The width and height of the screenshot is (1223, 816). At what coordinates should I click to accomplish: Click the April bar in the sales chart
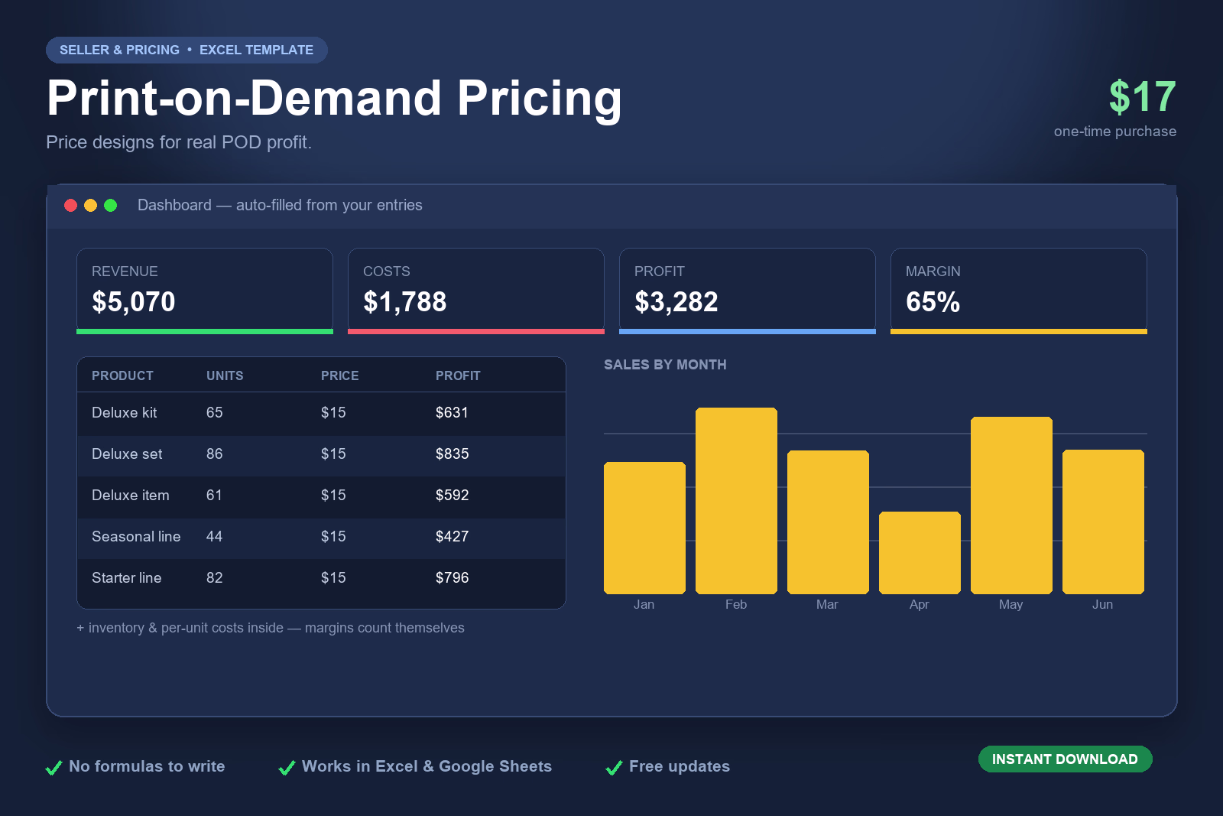(920, 553)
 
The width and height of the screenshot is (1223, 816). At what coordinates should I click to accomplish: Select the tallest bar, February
(736, 501)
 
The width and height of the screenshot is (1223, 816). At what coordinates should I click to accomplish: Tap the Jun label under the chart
(1102, 604)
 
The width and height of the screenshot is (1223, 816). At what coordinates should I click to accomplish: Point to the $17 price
(1142, 96)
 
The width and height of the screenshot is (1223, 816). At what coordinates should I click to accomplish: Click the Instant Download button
(1066, 759)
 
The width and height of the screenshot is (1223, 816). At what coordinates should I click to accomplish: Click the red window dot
(70, 206)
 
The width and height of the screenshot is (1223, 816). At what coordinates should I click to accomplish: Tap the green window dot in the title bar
(110, 206)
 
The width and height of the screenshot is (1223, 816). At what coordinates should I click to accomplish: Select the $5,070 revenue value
(133, 301)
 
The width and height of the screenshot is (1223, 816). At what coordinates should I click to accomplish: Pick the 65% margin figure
(933, 301)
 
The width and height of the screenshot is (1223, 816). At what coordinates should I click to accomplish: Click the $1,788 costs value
(404, 301)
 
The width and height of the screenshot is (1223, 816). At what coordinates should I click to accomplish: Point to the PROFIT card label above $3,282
(659, 271)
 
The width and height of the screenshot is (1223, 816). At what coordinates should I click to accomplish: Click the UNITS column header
(225, 375)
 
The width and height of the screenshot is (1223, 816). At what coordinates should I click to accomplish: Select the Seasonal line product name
(136, 536)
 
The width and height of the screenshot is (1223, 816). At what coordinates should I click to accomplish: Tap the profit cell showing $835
(452, 454)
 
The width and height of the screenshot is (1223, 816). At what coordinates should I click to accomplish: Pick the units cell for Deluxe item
(214, 495)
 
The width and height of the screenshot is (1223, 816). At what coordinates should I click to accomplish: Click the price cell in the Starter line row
(333, 577)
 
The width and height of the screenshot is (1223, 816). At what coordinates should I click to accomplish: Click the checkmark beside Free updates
(615, 767)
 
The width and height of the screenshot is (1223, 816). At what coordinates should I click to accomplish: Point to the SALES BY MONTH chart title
(665, 365)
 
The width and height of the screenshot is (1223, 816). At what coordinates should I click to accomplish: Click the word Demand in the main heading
(345, 99)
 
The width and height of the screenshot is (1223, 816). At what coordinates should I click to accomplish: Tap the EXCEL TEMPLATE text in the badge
(256, 50)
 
